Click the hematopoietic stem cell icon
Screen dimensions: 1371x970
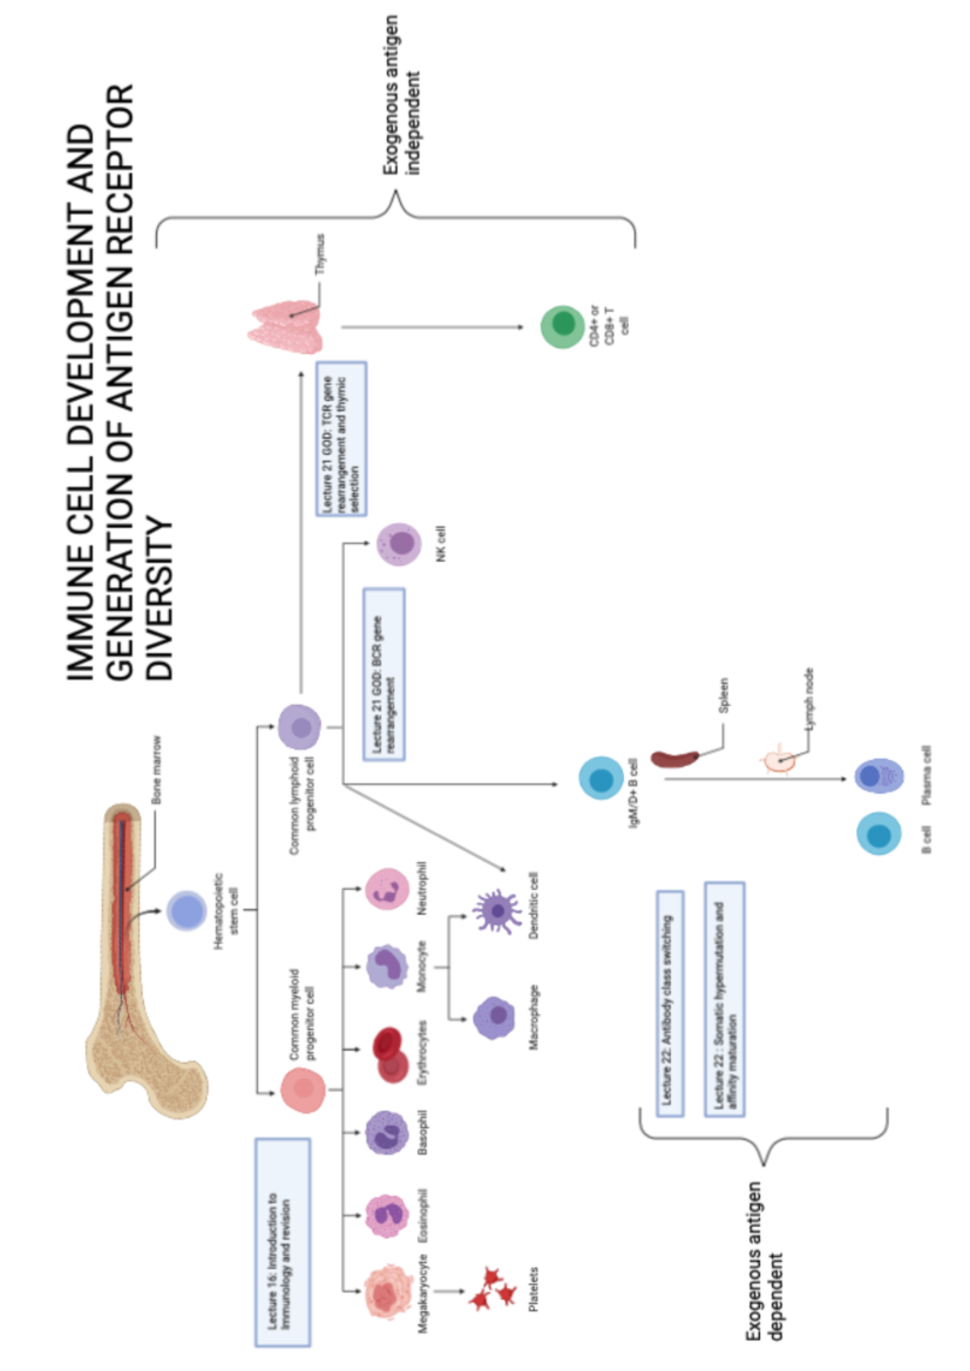[x=187, y=911]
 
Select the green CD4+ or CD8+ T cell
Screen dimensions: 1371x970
[x=563, y=327]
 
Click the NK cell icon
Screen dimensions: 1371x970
[x=399, y=544]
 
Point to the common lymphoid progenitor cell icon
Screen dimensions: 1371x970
[x=300, y=726]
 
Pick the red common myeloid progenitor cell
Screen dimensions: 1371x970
[x=303, y=1090]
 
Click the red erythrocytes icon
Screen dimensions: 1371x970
[x=390, y=1054]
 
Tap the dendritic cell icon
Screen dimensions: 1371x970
[x=496, y=911]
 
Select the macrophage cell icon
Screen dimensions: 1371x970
[x=494, y=1017]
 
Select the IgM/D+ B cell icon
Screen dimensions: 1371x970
[x=601, y=779]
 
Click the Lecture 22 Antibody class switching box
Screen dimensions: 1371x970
[x=669, y=1004]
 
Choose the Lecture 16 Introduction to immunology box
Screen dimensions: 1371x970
[x=282, y=1242]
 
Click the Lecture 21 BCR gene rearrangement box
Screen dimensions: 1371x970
[x=384, y=673]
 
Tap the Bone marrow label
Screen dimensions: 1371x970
[x=156, y=770]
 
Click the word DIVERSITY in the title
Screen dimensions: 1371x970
[x=161, y=598]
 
